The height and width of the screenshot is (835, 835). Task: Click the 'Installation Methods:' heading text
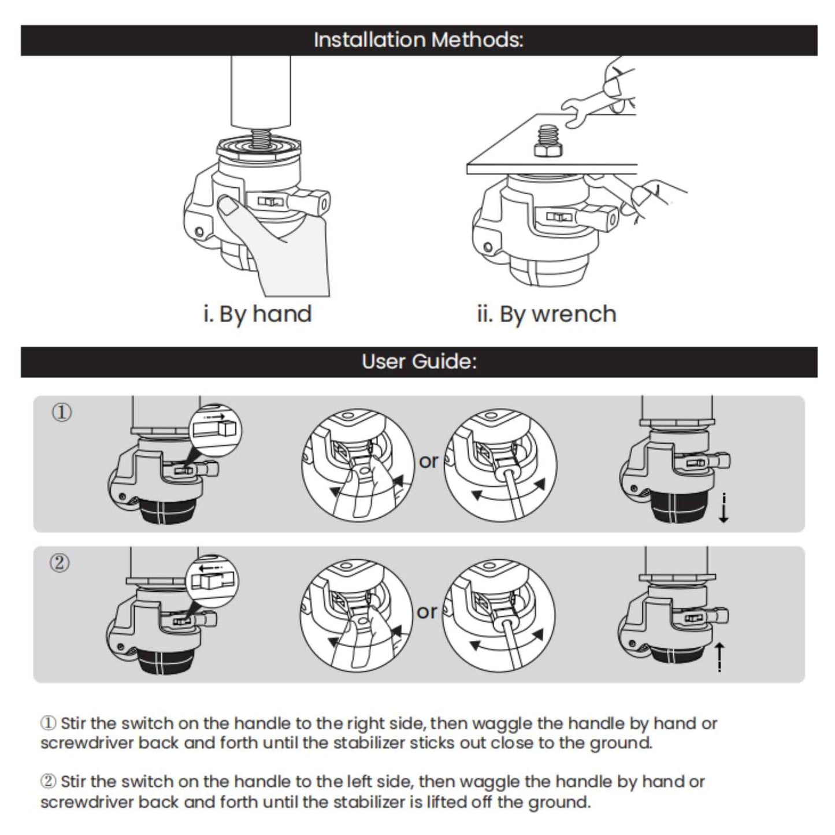(418, 40)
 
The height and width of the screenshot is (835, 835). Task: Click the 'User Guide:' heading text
(419, 362)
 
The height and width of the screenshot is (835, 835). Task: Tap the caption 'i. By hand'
(258, 314)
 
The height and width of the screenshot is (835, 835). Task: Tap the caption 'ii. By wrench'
(546, 314)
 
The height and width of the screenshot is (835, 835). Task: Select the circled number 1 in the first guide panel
(62, 413)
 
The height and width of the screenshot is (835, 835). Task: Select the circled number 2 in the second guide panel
(60, 562)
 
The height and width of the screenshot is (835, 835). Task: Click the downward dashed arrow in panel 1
(723, 508)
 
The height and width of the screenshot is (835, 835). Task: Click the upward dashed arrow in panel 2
(719, 658)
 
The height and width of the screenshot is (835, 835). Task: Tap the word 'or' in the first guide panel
(429, 461)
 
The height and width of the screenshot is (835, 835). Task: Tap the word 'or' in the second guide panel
(427, 611)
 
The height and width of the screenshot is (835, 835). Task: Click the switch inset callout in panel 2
(213, 580)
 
